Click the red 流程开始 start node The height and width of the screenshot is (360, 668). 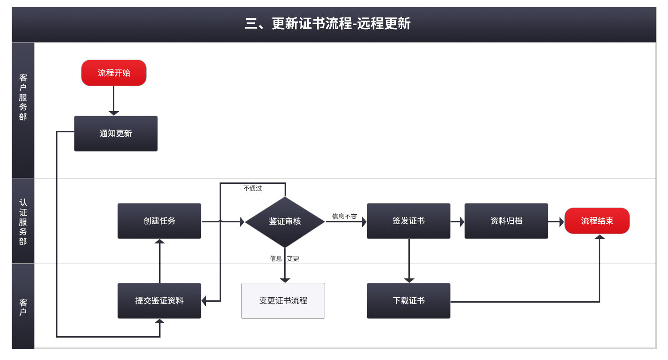tap(114, 73)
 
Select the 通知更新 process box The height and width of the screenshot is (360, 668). tap(116, 134)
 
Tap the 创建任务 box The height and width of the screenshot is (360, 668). tap(159, 221)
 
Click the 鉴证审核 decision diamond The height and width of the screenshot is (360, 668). tap(285, 221)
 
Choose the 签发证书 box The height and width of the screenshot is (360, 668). tap(408, 221)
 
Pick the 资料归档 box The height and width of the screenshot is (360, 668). tap(506, 221)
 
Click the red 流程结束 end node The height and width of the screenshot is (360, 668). tap(597, 221)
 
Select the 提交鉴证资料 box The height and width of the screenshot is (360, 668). tap(159, 301)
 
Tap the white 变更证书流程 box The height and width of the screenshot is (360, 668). tap(283, 301)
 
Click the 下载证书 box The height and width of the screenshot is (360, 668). tap(408, 301)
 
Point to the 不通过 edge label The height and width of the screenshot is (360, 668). tap(252, 189)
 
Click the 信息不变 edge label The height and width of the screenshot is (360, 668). tap(344, 217)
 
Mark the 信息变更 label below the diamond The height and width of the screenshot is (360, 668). tap(284, 259)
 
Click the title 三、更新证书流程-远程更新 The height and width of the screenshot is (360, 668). tap(328, 24)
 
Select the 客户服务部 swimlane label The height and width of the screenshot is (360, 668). tap(23, 97)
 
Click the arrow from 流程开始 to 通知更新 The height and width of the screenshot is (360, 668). tap(114, 101)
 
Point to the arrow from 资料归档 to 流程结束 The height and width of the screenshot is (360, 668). tap(556, 221)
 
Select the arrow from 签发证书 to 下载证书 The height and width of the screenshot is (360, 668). tap(409, 260)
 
